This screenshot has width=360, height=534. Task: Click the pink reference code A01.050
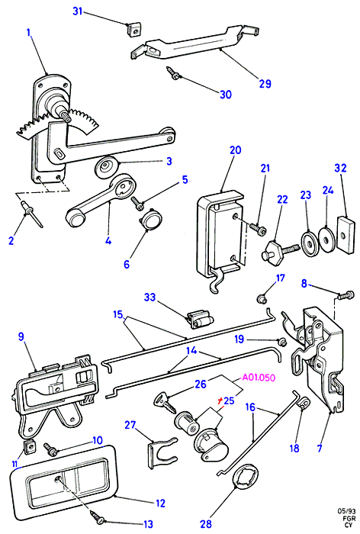(x=258, y=378)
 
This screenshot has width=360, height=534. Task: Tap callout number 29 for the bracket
(x=265, y=83)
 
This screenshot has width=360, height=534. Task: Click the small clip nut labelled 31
(x=133, y=29)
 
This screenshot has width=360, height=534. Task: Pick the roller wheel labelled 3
(x=107, y=167)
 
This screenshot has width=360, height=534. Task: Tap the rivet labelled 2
(x=32, y=214)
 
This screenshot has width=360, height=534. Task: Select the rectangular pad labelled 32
(x=346, y=235)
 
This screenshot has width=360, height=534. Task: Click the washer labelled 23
(x=309, y=243)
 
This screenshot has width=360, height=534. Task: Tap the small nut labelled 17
(x=262, y=300)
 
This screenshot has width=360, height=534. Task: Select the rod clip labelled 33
(x=201, y=320)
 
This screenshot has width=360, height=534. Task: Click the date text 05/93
(x=346, y=511)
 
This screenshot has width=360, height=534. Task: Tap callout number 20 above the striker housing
(x=235, y=150)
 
